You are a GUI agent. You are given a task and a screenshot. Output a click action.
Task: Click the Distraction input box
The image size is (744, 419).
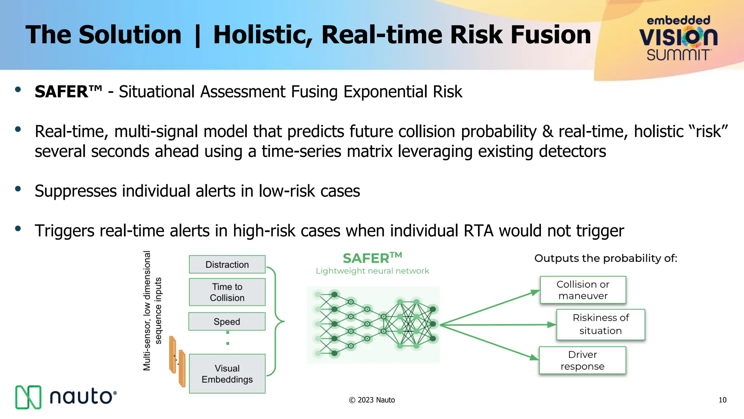pos(227,264)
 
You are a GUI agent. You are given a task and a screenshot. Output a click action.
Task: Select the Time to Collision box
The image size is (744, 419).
pos(227,292)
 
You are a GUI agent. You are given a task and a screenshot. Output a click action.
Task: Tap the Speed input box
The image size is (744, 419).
pos(227,322)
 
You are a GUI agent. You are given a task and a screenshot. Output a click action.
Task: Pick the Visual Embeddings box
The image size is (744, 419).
pos(227,374)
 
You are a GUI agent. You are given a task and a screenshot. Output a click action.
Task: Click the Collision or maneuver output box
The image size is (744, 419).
pos(583,290)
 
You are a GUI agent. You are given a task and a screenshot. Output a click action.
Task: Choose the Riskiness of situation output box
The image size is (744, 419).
pos(601,324)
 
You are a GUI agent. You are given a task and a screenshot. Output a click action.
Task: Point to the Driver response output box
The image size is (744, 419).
pos(582,360)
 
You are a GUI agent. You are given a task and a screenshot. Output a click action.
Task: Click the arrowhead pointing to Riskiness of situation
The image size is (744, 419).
pos(551,324)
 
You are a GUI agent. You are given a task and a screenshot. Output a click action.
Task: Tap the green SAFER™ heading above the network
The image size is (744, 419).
pos(372,258)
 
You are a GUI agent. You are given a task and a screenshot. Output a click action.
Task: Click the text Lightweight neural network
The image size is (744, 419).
pos(372,271)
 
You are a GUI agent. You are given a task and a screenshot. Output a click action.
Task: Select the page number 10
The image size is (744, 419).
pos(722,400)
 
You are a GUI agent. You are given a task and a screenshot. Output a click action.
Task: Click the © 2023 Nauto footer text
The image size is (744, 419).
pos(372,400)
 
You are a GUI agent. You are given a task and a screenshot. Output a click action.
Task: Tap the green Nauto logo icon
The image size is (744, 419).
pos(28,397)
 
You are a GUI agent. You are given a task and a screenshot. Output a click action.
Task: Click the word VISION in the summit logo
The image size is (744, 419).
pos(678,37)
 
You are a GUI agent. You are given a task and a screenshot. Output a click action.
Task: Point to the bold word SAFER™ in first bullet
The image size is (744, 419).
pos(68,92)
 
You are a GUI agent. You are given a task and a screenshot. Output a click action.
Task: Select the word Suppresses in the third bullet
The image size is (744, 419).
pos(75,191)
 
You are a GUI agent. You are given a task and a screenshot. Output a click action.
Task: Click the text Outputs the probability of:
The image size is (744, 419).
pos(606,258)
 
